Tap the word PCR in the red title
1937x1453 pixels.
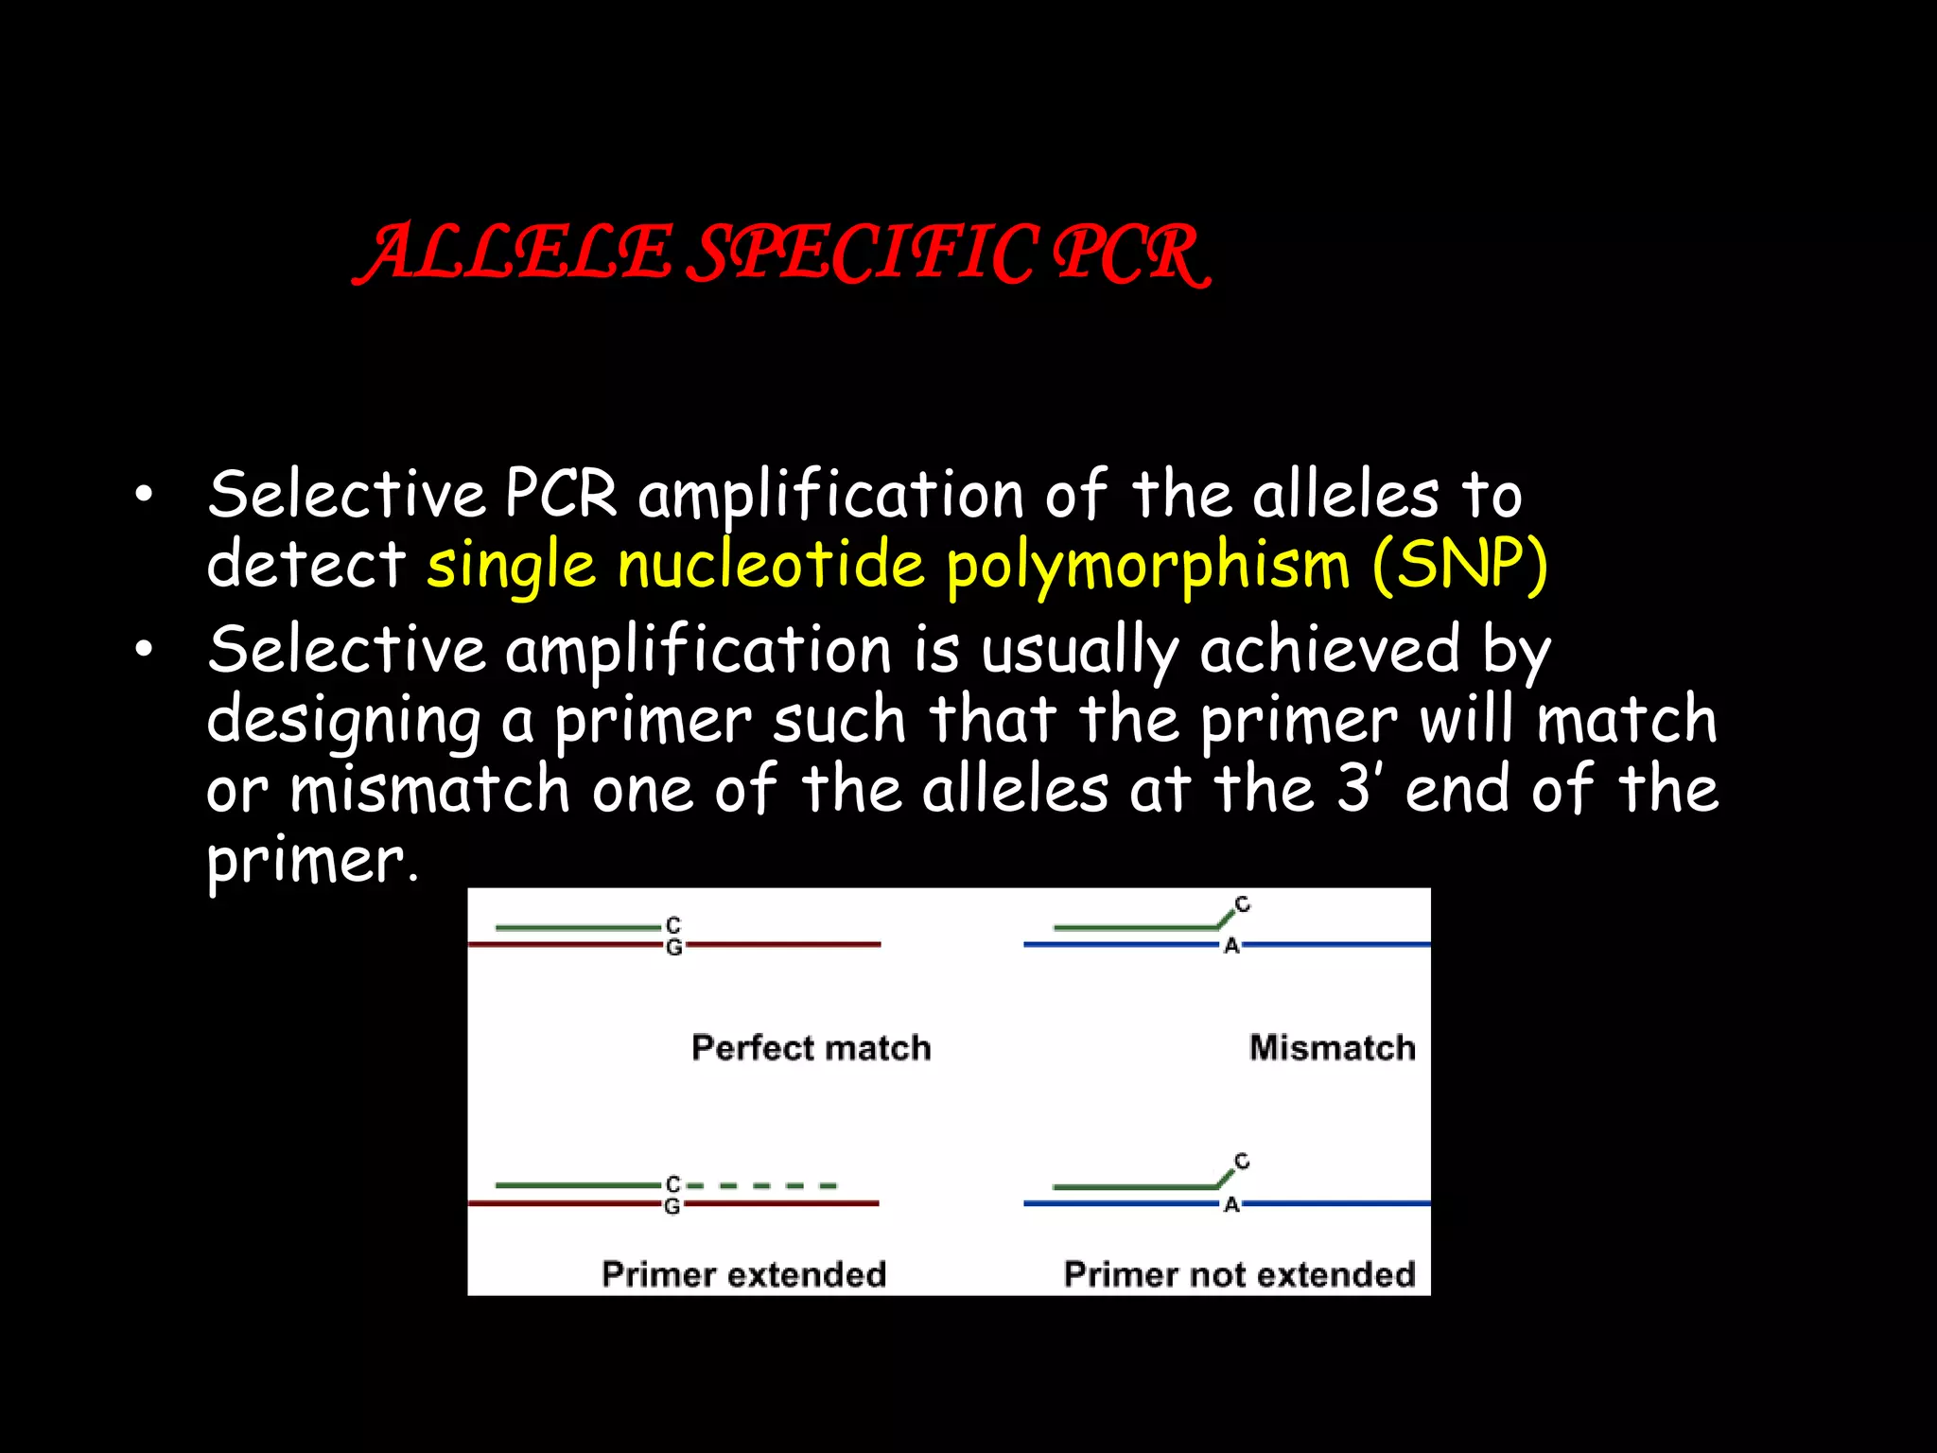[x=1130, y=254]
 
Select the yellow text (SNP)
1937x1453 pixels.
[x=1459, y=565]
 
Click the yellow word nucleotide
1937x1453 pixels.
[x=770, y=565]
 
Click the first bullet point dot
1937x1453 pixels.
[x=143, y=494]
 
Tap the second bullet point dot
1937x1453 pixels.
[x=143, y=649]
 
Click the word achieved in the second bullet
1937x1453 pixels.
[x=1329, y=651]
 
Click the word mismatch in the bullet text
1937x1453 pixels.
[x=429, y=791]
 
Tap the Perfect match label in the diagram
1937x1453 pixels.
[x=811, y=1048]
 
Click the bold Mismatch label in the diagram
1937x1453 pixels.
[x=1332, y=1048]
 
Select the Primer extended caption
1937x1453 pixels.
[x=743, y=1274]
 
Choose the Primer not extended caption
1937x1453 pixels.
[x=1239, y=1274]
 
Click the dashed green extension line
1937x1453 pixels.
[x=762, y=1185]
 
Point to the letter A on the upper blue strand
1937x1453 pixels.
[x=1231, y=946]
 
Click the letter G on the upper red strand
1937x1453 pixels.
[x=673, y=947]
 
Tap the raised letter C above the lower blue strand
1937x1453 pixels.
[x=1242, y=1161]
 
